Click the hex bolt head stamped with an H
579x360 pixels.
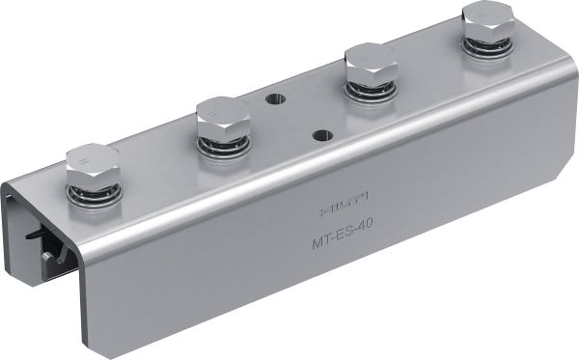[94, 166]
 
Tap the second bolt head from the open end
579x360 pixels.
[223, 117]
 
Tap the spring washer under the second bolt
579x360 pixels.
[224, 146]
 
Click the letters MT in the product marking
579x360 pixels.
[320, 235]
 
